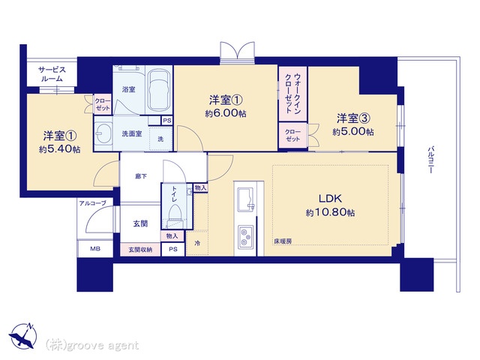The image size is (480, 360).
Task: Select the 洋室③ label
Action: (351, 118)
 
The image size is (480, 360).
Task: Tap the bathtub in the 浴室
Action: (158, 91)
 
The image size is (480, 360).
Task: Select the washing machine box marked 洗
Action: (160, 139)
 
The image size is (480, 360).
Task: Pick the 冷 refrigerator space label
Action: (197, 244)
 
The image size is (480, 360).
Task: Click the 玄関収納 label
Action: (139, 249)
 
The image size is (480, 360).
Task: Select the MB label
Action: (95, 248)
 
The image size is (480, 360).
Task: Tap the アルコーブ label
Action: (91, 203)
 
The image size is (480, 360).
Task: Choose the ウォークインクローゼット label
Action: (292, 93)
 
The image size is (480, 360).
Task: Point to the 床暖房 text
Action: (283, 241)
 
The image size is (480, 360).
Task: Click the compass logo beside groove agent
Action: (23, 336)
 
